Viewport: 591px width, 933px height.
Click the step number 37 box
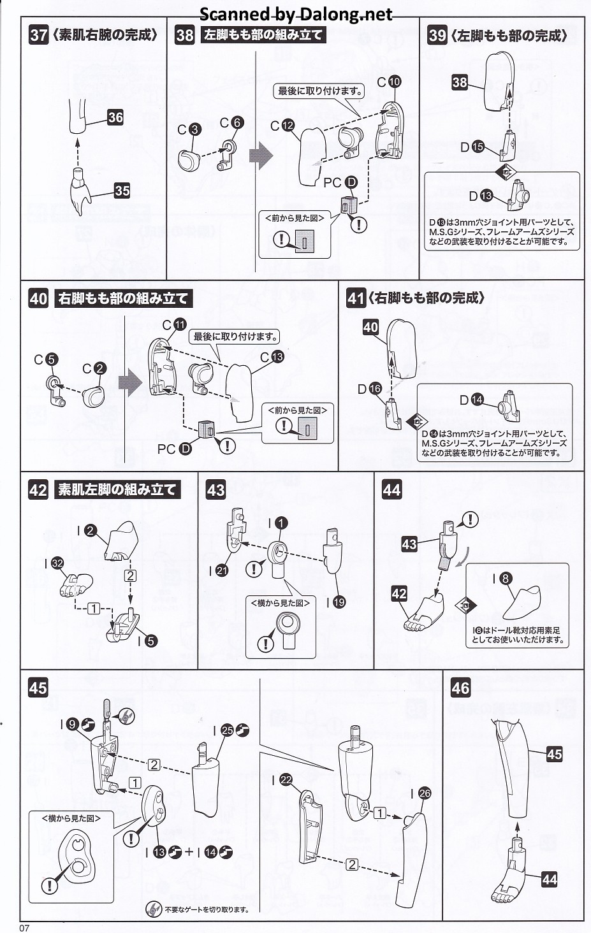[x=38, y=34]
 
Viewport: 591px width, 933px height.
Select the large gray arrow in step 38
[x=260, y=155]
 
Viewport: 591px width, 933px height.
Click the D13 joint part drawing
[x=519, y=195]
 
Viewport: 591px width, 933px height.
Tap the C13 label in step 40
[x=272, y=357]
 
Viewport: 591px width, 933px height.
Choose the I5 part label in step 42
[x=146, y=640]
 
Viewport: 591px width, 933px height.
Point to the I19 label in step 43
[x=334, y=602]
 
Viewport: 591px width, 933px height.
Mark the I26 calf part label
[x=420, y=793]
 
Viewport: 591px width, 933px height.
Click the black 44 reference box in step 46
[x=549, y=879]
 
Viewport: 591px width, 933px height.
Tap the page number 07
[x=24, y=927]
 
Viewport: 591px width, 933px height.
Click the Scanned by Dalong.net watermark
[x=296, y=14]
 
